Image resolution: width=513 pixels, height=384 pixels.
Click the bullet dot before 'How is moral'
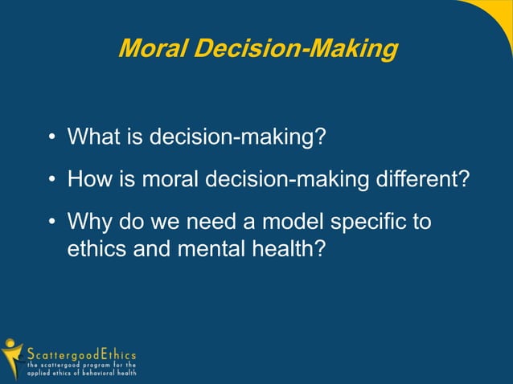[51, 179]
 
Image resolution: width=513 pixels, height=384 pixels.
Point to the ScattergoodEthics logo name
[81, 353]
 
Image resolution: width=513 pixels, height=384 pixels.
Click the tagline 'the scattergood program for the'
[81, 364]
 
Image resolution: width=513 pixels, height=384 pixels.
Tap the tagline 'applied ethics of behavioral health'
[81, 373]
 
